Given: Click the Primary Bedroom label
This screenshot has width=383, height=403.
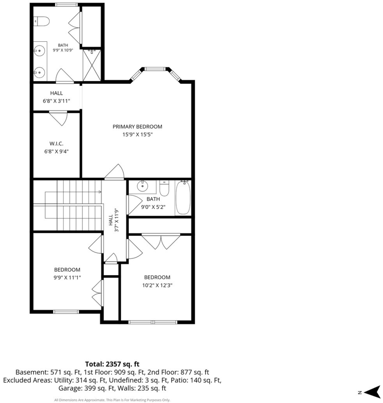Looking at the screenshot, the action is [137, 127].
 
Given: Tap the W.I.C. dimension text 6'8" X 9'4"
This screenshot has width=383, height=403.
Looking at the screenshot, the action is [57, 152].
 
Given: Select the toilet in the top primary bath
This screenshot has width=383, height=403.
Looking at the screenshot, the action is [41, 21].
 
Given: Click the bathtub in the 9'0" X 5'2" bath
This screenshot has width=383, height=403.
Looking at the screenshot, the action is [183, 197].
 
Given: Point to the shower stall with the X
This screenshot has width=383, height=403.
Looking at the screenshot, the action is [92, 65].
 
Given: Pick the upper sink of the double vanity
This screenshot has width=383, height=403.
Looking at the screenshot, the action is [40, 51].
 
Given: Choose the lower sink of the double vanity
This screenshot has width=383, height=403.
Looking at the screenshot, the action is [40, 72].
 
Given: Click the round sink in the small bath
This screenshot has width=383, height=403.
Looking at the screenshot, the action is [142, 186].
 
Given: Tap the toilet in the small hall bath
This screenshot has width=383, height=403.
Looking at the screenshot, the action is [164, 188].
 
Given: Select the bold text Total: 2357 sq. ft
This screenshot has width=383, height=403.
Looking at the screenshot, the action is [112, 364].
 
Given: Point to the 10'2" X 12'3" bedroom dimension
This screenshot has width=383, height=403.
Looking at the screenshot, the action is [157, 285].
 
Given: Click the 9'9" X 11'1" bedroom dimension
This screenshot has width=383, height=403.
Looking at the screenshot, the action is [67, 277].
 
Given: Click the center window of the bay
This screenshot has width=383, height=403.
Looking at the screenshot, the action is [154, 69].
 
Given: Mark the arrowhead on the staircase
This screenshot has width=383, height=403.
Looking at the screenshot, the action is [100, 192].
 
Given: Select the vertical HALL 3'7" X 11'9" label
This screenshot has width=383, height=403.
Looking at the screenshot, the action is [113, 220].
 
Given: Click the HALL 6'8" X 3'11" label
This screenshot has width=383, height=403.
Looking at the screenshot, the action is [57, 97].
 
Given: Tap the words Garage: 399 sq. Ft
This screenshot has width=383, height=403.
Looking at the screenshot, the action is [86, 388].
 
